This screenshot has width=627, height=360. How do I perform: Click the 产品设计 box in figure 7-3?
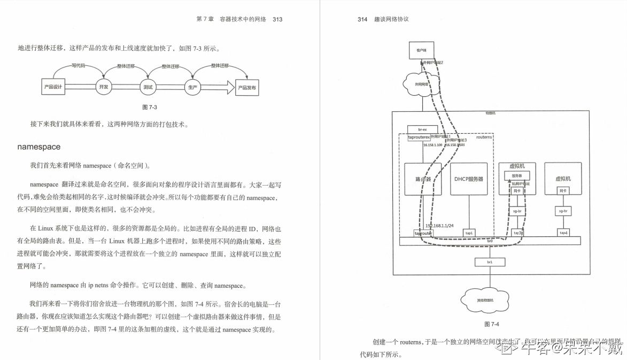(x=53, y=87)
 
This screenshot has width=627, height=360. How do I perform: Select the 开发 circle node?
(x=104, y=87)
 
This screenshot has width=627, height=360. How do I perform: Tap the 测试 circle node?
(x=148, y=87)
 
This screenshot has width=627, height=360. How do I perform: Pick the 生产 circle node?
(x=192, y=87)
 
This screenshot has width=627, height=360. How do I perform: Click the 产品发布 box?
(x=247, y=87)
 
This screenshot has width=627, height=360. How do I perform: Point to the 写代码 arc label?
(x=79, y=66)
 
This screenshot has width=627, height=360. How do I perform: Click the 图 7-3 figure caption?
(x=149, y=107)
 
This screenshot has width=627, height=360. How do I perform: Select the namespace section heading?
(x=39, y=147)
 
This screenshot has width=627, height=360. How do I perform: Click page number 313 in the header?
(x=277, y=19)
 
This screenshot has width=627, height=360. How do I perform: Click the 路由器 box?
(x=423, y=179)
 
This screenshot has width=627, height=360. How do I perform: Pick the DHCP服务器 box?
(x=469, y=179)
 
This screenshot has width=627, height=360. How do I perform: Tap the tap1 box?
(x=469, y=233)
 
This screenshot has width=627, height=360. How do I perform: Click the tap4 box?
(x=563, y=233)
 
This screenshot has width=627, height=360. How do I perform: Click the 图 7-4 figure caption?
(x=491, y=324)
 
